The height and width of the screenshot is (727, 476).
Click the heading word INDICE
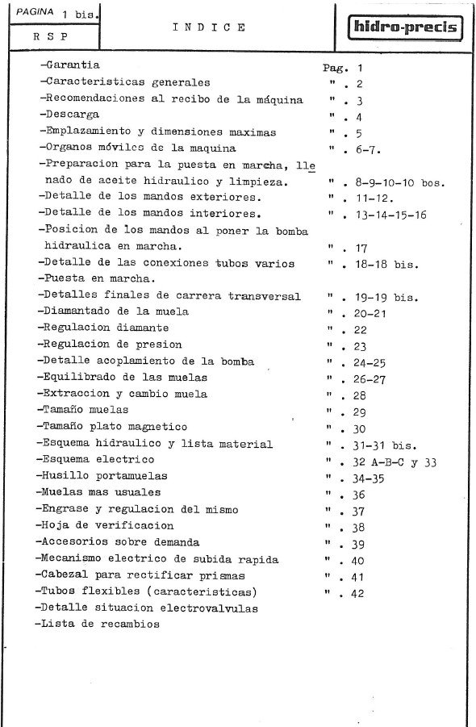(209, 27)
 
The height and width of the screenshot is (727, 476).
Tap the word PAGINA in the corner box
(35, 13)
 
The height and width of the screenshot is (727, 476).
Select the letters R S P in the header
(50, 36)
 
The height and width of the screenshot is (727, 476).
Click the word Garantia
(70, 65)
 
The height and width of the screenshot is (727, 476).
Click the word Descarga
(71, 115)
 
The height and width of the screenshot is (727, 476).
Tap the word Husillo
(65, 475)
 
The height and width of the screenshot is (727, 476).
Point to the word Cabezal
(65, 574)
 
